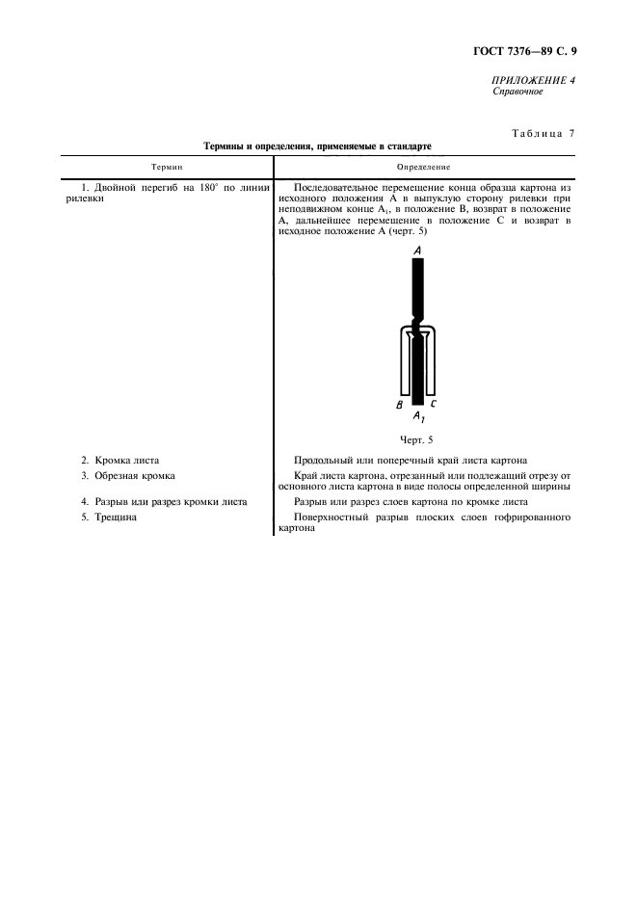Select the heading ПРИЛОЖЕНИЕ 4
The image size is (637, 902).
pyautogui.click(x=534, y=80)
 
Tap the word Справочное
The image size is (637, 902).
pyautogui.click(x=518, y=92)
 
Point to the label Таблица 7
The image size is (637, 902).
pyautogui.click(x=539, y=133)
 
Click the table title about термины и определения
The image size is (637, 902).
pyautogui.click(x=317, y=146)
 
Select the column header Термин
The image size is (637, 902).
pyautogui.click(x=166, y=167)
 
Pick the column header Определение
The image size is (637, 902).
pyautogui.click(x=424, y=167)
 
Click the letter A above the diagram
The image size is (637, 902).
pyautogui.click(x=418, y=250)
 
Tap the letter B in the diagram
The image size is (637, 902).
pyautogui.click(x=399, y=405)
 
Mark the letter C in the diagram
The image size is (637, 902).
pyautogui.click(x=435, y=404)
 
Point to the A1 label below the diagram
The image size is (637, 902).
pyautogui.click(x=418, y=417)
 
